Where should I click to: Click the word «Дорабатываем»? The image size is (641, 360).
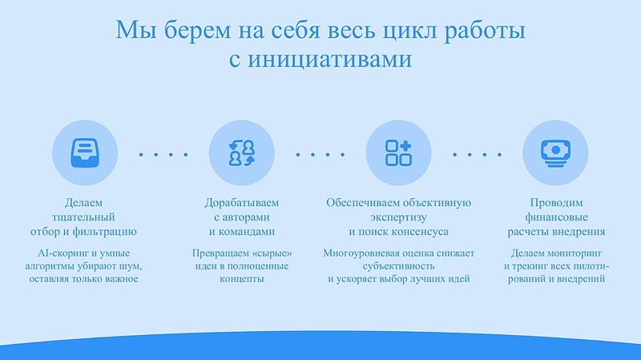coord(241,202)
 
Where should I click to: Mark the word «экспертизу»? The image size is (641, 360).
coord(398,216)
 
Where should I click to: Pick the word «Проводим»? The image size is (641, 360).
coord(555,202)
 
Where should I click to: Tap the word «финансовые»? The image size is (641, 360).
coord(555,216)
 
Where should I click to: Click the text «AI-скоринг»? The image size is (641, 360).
coord(53,253)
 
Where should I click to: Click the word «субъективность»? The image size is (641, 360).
coord(398,265)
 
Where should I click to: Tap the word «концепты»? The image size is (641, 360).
coord(241,279)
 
